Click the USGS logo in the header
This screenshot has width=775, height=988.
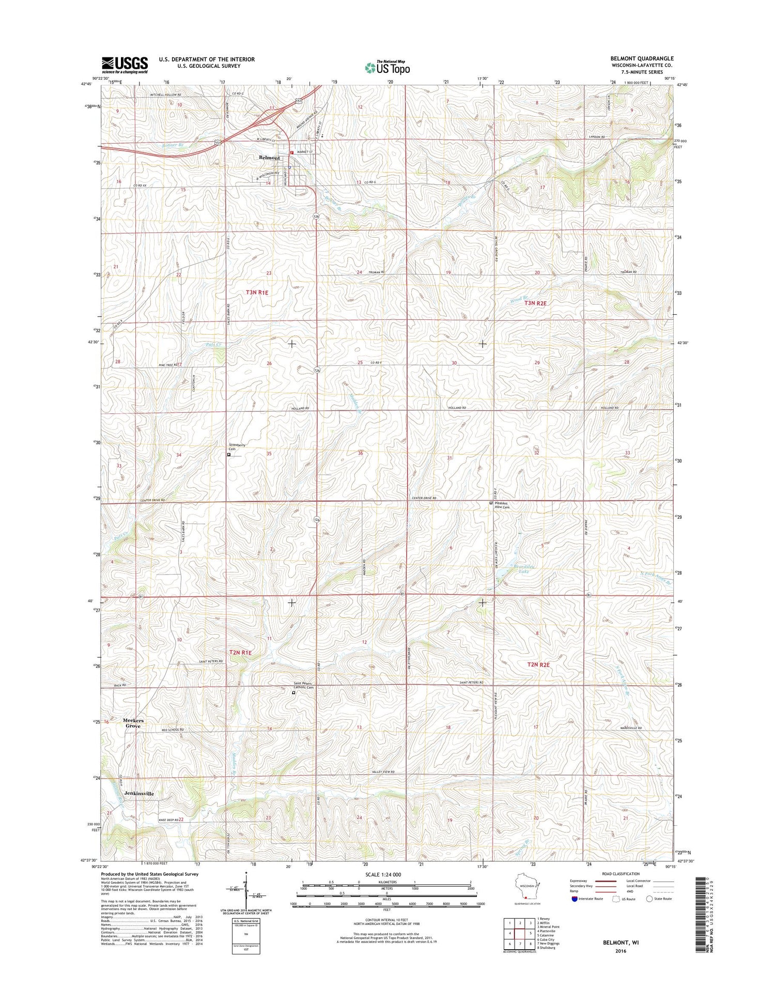(125, 65)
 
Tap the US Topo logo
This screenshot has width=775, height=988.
(388, 67)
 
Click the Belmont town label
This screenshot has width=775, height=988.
(269, 158)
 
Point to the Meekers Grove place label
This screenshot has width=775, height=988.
(133, 723)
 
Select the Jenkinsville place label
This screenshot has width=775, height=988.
(138, 793)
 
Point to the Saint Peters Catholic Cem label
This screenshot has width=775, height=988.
(304, 685)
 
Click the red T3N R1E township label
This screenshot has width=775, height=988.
(257, 292)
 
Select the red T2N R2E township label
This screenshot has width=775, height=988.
(538, 665)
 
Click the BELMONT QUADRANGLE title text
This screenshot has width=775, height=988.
(642, 58)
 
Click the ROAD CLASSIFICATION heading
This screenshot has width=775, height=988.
(617, 874)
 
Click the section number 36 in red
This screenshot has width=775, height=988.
(361, 453)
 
